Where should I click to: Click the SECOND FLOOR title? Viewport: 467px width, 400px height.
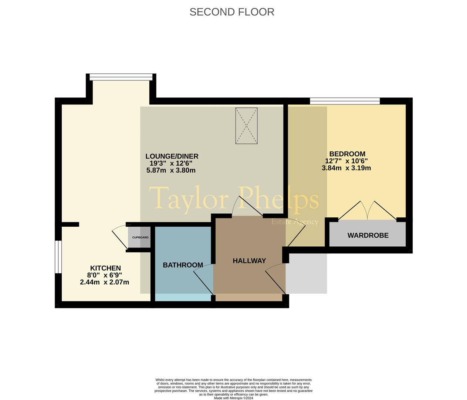232,12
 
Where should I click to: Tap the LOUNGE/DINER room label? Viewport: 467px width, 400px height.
172,156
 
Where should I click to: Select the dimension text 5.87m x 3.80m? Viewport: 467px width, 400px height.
171,170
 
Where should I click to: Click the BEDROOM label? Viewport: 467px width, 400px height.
347,154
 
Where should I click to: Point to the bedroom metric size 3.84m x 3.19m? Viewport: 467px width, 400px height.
346,168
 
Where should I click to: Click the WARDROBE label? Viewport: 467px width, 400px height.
368,235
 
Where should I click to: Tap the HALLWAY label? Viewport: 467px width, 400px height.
249,261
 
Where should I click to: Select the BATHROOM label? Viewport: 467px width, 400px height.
183,265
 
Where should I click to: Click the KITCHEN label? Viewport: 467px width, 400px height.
105,268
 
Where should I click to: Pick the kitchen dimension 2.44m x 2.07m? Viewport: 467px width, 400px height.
104,282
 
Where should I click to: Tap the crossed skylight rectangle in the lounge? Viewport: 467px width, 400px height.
246,126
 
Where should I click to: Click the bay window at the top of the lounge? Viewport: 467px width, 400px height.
121,77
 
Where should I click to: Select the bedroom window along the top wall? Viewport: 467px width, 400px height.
345,100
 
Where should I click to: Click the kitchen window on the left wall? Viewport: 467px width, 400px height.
58,257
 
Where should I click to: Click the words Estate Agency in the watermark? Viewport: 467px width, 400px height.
295,222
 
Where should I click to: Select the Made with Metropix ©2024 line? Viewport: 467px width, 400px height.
233,398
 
